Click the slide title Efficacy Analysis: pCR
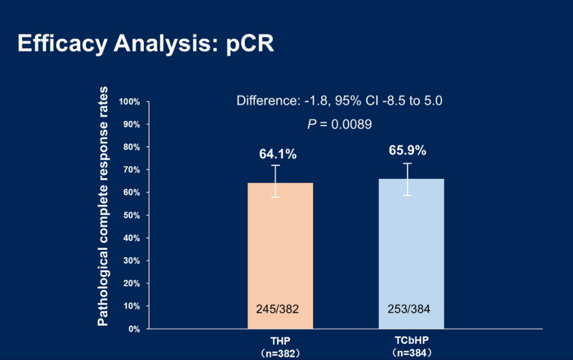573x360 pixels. [146, 44]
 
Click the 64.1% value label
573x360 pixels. [278, 154]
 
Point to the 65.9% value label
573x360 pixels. [407, 151]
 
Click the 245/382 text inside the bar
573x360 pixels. [278, 309]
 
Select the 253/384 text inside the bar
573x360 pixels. [409, 309]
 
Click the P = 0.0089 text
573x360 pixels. [339, 124]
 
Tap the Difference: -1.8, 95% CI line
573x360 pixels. [339, 100]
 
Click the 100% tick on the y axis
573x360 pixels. [130, 102]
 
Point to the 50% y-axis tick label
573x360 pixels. [131, 215]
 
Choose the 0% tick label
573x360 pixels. [134, 329]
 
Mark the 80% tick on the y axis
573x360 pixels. [131, 147]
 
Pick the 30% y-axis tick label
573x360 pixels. [131, 261]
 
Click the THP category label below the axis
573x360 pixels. [280, 341]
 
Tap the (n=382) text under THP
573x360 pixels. [280, 353]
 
